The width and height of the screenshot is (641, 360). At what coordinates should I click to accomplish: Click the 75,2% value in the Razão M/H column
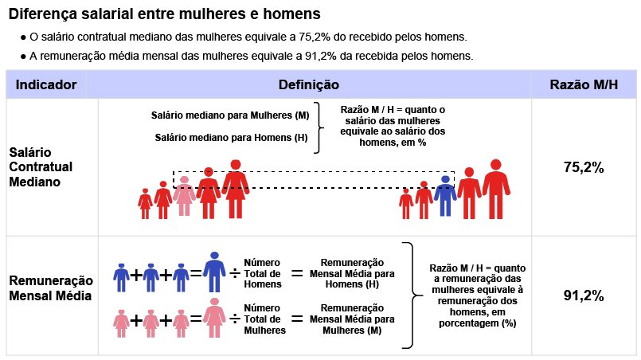pos(584,167)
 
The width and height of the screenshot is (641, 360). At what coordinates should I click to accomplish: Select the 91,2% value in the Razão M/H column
pos(584,295)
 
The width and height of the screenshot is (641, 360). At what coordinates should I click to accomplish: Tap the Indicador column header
pos(46,84)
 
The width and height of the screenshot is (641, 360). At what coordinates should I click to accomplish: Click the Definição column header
pos(309,84)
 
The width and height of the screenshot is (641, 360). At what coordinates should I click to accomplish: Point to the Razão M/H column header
pos(584,84)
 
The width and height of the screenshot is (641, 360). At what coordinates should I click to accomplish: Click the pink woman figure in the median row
pos(185,196)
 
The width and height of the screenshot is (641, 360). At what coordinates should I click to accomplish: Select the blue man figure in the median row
pos(445,196)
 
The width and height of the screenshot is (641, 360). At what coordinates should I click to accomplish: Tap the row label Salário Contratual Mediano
pos(41,167)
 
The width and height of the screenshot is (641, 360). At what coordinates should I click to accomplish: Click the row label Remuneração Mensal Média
pos(51,288)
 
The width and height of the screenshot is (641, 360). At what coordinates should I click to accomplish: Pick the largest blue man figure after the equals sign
pos(214,272)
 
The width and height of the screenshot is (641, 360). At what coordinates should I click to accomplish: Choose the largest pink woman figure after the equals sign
pos(214,318)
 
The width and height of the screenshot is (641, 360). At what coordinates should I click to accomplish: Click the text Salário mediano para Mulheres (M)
pos(230,115)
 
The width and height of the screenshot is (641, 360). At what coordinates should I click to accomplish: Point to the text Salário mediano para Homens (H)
pos(231,138)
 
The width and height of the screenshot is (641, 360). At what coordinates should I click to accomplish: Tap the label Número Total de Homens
pos(263,273)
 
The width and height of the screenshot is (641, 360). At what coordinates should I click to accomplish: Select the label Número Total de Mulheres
pos(264,319)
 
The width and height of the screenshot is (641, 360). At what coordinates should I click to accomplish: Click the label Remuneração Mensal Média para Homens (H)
pos(352,273)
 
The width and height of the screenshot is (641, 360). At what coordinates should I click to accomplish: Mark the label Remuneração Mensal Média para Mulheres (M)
pos(352,319)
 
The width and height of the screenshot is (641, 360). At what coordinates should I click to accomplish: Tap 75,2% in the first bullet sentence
pos(315,37)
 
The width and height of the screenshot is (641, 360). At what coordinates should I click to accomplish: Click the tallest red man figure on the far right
pos(496,189)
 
